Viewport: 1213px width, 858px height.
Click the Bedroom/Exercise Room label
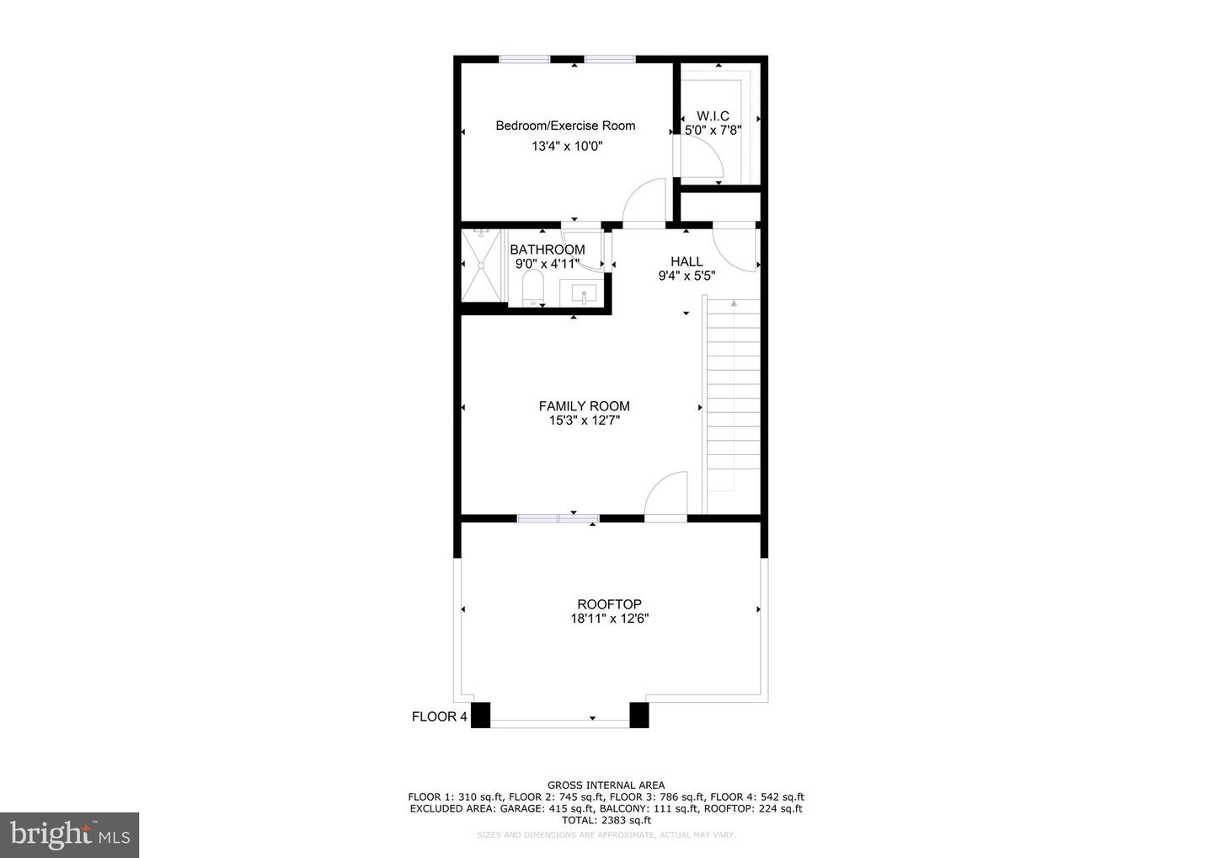(x=565, y=126)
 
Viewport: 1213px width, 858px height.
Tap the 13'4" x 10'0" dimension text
(x=567, y=146)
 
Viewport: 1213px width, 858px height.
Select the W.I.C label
(x=713, y=115)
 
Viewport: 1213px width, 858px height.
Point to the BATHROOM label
(x=547, y=249)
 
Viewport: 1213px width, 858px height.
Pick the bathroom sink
(x=584, y=294)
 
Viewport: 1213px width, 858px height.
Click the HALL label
(x=687, y=261)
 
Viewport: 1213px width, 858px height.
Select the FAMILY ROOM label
(x=584, y=406)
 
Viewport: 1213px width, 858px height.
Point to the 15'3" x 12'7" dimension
(x=584, y=421)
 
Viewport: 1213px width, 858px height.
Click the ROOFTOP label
(x=609, y=604)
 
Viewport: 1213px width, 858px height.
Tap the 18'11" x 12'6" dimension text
(x=609, y=619)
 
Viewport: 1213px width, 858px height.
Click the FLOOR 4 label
(x=439, y=717)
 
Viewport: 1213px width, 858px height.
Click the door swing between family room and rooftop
(x=665, y=495)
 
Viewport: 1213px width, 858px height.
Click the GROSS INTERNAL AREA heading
(x=606, y=786)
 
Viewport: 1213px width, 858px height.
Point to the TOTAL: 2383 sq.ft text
(x=606, y=820)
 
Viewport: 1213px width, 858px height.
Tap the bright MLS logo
(x=69, y=835)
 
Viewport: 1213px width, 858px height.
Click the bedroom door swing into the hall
(x=644, y=203)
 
